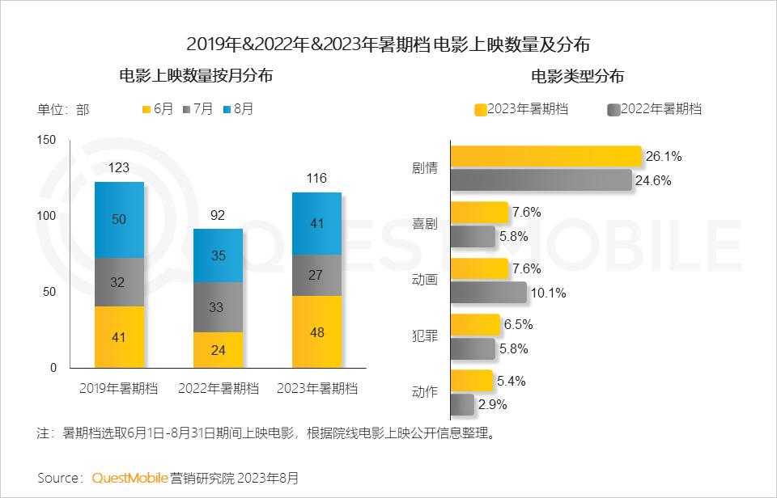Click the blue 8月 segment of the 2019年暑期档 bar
click(119, 220)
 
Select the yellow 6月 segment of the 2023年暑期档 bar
click(316, 331)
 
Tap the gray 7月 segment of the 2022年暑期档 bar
click(218, 307)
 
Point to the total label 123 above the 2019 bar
click(119, 168)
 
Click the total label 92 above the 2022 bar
click(218, 215)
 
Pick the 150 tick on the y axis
click(47, 140)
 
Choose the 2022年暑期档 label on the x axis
click(218, 388)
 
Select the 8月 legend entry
click(237, 109)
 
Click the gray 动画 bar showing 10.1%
click(488, 293)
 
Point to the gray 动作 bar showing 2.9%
click(462, 404)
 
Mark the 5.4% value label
click(511, 379)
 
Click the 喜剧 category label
click(425, 224)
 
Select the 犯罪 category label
click(425, 336)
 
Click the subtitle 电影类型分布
click(577, 77)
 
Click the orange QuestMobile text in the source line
click(129, 478)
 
